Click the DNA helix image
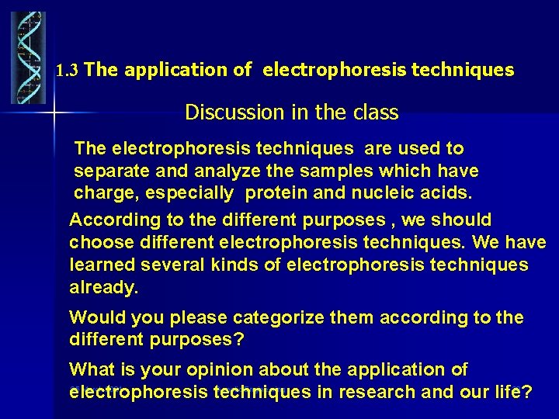(28, 58)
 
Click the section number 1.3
(68, 71)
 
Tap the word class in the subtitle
(375, 113)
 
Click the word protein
(276, 191)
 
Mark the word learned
(104, 265)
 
